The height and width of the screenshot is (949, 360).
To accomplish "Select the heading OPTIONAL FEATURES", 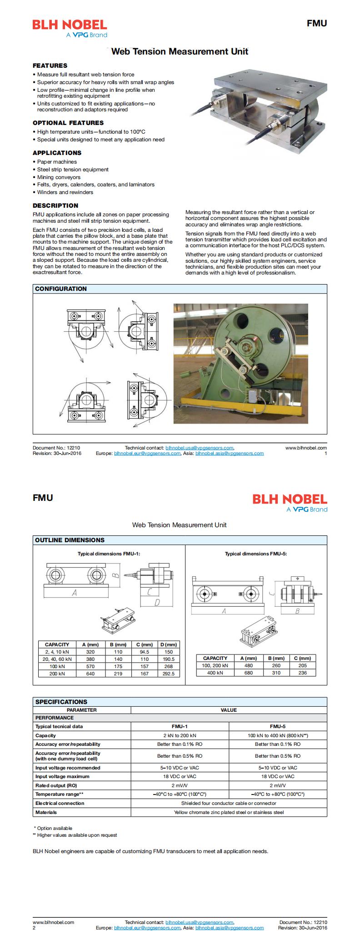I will (68, 123).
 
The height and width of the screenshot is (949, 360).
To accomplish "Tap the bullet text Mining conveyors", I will (59, 177).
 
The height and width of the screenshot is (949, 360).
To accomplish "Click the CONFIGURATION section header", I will (61, 289).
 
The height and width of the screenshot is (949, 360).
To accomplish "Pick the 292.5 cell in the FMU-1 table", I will (168, 674).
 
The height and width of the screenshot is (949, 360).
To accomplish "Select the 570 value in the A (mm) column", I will (90, 666).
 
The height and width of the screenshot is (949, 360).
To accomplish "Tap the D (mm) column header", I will (168, 644).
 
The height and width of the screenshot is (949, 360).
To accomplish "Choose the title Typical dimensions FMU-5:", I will (256, 554).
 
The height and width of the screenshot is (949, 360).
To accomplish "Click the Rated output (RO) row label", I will (56, 785).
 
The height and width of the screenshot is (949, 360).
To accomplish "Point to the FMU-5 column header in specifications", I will (277, 726).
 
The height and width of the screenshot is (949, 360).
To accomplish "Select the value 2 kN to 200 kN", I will (180, 735).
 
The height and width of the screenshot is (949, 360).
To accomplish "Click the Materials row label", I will (46, 812).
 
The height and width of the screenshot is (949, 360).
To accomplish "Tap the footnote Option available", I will (55, 828).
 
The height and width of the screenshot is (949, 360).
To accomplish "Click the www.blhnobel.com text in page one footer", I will (306, 448).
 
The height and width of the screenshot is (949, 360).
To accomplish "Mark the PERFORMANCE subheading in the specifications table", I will (55, 718).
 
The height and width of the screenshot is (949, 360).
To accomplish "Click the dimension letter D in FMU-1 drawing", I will (157, 603).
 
